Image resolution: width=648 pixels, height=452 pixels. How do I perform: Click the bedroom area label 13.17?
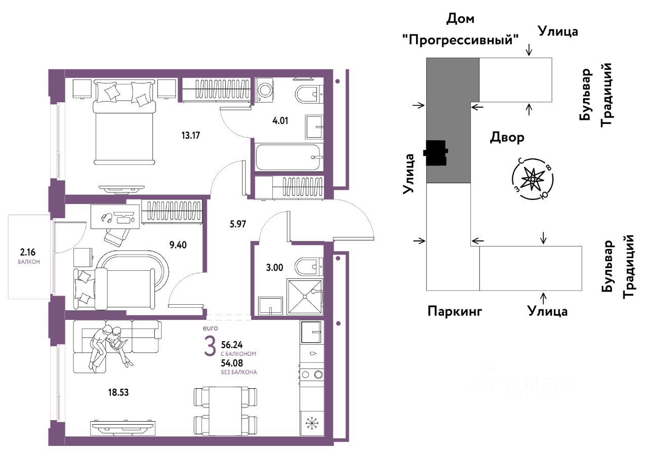pos(191,135)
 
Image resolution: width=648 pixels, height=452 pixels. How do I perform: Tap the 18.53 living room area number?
pos(118,392)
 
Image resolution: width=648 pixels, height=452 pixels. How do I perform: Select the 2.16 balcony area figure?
pos(28,253)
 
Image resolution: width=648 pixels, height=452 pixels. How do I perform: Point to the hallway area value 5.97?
pos(238,224)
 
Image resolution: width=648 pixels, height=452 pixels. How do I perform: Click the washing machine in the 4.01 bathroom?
pos(264,90)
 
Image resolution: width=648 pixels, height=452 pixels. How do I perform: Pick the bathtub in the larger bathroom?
pos(288,157)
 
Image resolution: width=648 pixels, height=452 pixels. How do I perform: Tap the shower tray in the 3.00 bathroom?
pos(305,297)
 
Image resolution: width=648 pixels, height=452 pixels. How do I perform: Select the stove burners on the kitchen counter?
pos(312,375)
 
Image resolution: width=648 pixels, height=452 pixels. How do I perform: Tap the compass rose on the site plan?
pos(533,179)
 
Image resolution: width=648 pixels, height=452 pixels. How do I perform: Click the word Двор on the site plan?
pos(507,137)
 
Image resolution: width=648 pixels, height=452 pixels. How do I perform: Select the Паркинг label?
pos(455,311)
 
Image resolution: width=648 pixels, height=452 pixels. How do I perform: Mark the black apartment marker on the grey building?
pos(436,152)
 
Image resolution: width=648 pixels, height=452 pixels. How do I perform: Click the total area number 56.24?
pos(232,345)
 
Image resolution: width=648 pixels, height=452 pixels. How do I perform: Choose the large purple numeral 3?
pos(210,346)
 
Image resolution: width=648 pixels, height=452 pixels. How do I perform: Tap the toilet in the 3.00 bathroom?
pos(308,266)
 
